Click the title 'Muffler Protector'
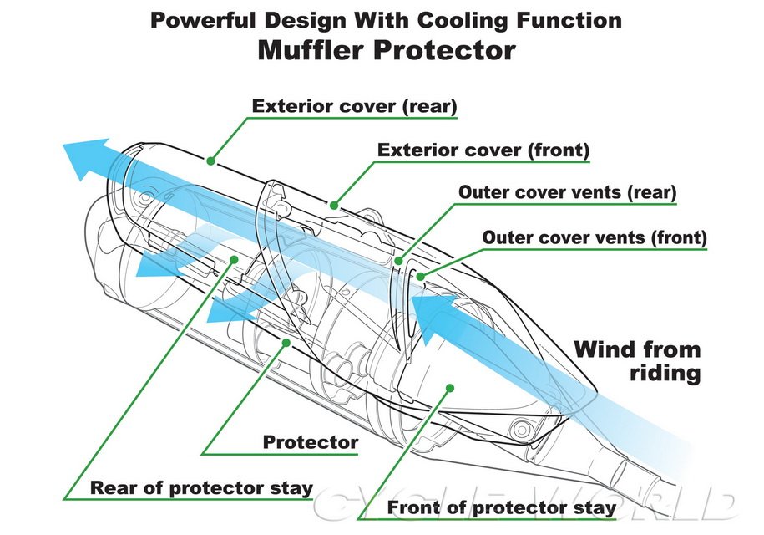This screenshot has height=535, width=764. pos(386,50)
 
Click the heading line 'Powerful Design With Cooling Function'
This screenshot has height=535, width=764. pos(386,19)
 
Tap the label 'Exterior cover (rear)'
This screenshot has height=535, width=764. pos(354,106)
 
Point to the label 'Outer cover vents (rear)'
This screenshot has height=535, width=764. pos(567,191)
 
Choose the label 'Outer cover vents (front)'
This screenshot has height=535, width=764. pos(595,237)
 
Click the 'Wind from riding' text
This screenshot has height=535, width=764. pos(637,360)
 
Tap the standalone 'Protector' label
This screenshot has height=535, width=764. pos(311,442)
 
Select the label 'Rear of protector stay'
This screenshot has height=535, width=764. pos(201,487)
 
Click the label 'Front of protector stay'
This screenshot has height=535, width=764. pos(502,507)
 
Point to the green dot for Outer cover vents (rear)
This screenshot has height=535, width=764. pos(399,262)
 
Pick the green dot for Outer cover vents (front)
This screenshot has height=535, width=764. pos(420,274)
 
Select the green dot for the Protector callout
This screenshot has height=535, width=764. pos(287,342)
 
